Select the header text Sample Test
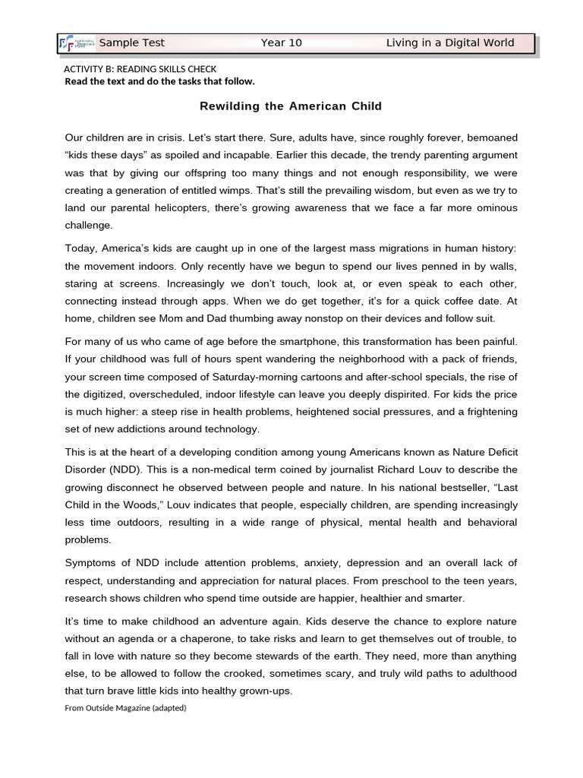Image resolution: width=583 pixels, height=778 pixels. click(132, 43)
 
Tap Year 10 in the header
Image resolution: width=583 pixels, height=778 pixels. click(281, 43)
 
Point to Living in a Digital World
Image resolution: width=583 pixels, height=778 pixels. click(449, 43)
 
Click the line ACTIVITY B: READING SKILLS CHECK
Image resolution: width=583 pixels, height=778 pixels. click(140, 69)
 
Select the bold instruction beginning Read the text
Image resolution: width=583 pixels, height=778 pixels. click(159, 81)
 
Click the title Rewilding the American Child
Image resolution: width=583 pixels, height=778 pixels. click(291, 106)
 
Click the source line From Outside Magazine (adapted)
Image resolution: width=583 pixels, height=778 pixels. click(125, 708)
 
